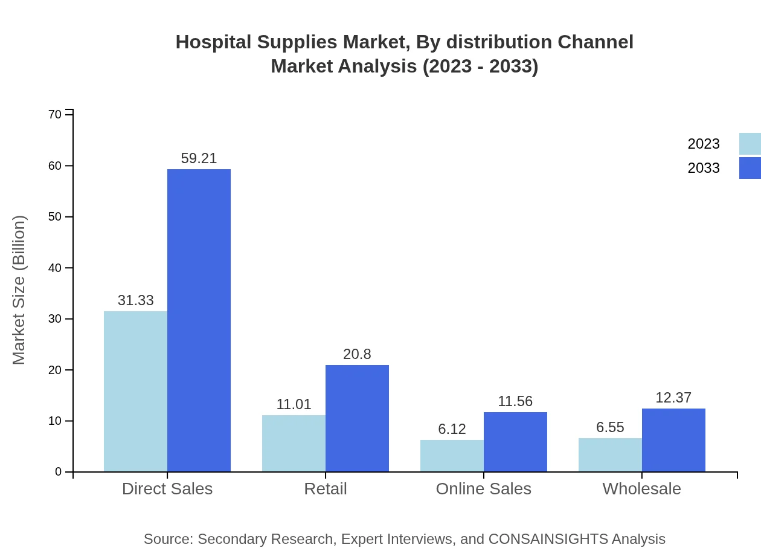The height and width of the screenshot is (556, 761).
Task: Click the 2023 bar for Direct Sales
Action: [x=135, y=391]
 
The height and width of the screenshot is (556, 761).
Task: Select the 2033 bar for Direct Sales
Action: [x=199, y=320]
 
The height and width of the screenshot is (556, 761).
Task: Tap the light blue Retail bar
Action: [x=294, y=443]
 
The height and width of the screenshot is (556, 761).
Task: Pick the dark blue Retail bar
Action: [x=357, y=418]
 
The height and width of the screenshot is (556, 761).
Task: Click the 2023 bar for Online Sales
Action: [x=452, y=456]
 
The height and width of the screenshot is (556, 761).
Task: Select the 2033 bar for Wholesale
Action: [x=673, y=440]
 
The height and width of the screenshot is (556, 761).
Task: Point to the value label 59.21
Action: [x=199, y=158]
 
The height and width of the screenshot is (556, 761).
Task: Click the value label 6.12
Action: [x=452, y=429]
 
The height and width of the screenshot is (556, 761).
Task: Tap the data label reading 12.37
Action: [x=673, y=398]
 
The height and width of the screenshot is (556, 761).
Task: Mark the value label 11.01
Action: [x=294, y=404]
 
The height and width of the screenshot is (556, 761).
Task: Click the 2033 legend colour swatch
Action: [x=750, y=168]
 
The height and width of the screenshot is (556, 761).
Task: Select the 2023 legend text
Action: [x=704, y=144]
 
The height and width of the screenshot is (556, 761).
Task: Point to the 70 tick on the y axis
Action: [x=55, y=115]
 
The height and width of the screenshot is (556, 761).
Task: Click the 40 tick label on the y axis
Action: [x=55, y=268]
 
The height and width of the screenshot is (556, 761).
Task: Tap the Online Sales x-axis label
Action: [x=483, y=488]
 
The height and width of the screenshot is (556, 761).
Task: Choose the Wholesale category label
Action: [x=641, y=488]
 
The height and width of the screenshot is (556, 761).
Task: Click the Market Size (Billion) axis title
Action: [x=19, y=290]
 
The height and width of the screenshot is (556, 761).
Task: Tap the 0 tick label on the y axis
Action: [x=59, y=471]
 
